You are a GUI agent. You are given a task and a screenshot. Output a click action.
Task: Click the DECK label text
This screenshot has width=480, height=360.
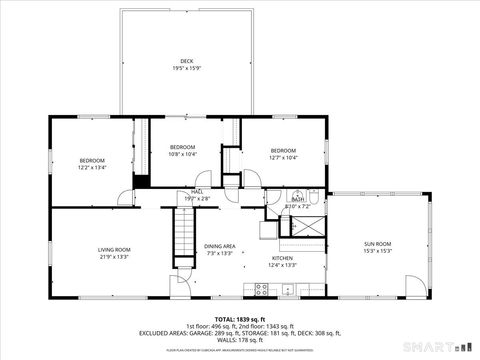[x=187, y=61]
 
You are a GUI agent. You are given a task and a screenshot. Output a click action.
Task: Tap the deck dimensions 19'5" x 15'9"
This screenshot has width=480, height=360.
[x=187, y=69]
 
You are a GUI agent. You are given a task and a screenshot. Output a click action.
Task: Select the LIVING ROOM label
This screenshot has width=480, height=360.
[x=113, y=249]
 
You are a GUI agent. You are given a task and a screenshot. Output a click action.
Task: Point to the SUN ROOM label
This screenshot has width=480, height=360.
[x=377, y=243]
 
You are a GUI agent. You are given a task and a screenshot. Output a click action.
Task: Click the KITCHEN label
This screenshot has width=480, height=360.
[x=283, y=258]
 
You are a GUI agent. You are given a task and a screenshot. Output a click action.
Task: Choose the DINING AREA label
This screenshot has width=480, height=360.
[x=219, y=246]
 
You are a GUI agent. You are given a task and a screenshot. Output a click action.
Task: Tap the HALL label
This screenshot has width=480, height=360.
[x=197, y=191]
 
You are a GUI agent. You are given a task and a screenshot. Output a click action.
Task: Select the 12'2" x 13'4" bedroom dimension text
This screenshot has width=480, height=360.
[x=92, y=168]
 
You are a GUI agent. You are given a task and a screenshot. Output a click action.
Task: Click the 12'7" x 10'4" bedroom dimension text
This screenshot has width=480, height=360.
[x=283, y=158]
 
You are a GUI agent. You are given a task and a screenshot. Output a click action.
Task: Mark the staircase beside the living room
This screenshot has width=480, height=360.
[x=185, y=235]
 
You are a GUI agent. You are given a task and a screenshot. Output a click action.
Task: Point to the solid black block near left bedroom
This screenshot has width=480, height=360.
[x=141, y=181]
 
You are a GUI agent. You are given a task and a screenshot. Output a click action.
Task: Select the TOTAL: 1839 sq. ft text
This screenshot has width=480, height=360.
[x=239, y=317]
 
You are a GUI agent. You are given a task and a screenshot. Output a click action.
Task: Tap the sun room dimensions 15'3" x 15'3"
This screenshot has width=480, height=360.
[x=377, y=251]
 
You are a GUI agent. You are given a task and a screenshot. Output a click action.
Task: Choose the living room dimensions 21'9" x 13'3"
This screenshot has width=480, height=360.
[x=113, y=257]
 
